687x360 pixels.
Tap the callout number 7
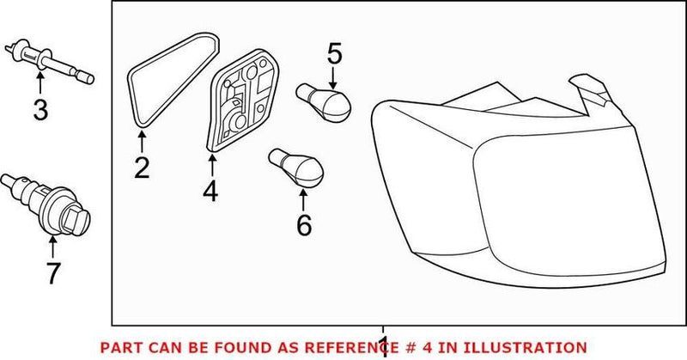point(53,273)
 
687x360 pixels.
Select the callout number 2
point(142,166)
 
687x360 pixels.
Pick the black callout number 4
point(210,190)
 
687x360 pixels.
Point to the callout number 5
point(333,55)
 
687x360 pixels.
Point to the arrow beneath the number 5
point(333,79)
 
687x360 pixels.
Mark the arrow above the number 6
point(303,199)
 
